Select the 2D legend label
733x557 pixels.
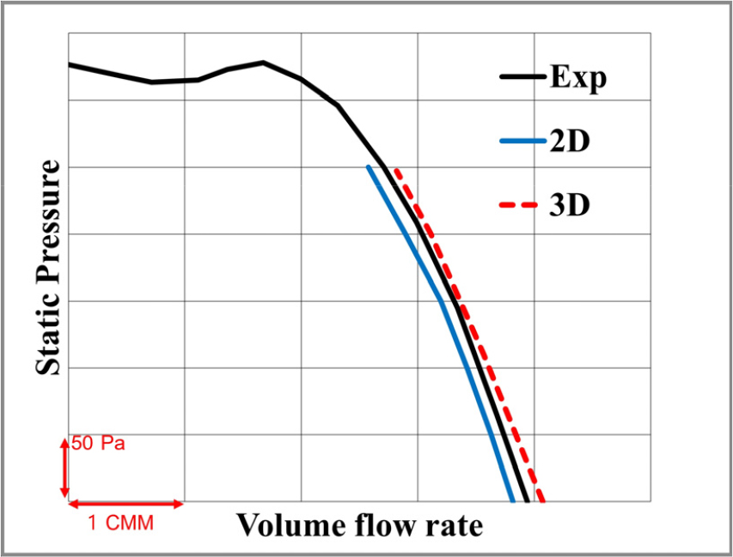coord(568,142)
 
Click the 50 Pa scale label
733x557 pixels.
coord(99,445)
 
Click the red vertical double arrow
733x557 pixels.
coord(64,468)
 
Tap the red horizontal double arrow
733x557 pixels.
coord(125,503)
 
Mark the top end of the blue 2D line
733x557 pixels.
coord(369,166)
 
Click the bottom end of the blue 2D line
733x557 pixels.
coord(512,499)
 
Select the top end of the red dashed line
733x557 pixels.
coord(394,169)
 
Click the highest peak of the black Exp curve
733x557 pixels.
coord(263,62)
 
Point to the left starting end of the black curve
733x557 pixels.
coord(70,64)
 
